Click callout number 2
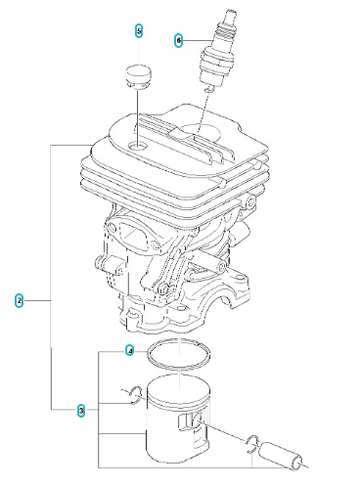pos(19,300)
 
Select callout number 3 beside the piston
pos(81,410)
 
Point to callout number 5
pos(139,31)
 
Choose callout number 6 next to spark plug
pos(179,40)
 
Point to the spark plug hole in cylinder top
pos(205,130)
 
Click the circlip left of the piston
pos(134,396)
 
